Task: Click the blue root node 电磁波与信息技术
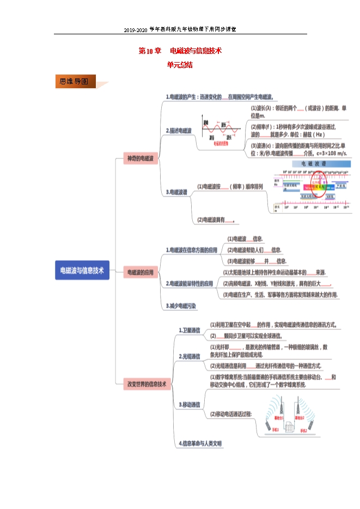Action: [x=82, y=270]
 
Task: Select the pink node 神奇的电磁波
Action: [x=141, y=159]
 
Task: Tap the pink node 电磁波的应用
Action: [x=141, y=272]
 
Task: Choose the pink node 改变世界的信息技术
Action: [x=147, y=383]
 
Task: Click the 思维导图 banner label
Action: [x=75, y=82]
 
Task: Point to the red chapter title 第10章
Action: [x=150, y=51]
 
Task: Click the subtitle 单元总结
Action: [x=180, y=65]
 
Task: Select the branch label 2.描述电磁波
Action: [x=179, y=131]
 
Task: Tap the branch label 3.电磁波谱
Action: [x=177, y=192]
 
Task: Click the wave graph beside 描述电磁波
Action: [x=221, y=131]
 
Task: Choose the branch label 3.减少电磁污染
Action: [x=181, y=306]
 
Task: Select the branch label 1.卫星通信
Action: [x=190, y=330]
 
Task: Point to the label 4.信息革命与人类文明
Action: [x=201, y=444]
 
